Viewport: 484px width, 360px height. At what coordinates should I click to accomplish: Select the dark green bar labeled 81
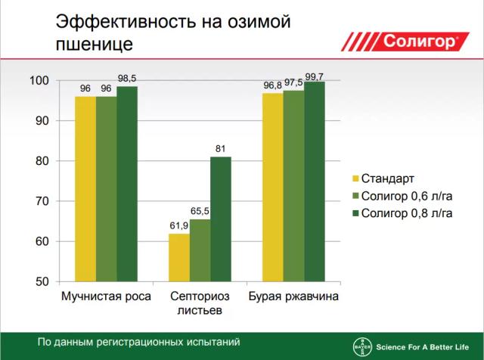click(x=221, y=219)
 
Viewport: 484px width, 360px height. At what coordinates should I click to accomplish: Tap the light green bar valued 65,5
click(x=200, y=250)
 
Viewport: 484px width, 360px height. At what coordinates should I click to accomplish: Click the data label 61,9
click(x=178, y=226)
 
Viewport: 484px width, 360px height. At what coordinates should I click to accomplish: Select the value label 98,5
click(x=127, y=79)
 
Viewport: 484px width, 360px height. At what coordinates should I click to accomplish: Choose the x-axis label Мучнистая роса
click(x=106, y=296)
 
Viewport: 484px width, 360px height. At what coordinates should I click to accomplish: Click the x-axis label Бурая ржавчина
click(x=293, y=296)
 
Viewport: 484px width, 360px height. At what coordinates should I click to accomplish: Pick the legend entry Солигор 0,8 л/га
click(x=406, y=213)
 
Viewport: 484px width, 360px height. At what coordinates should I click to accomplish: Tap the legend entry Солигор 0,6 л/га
click(x=406, y=196)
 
